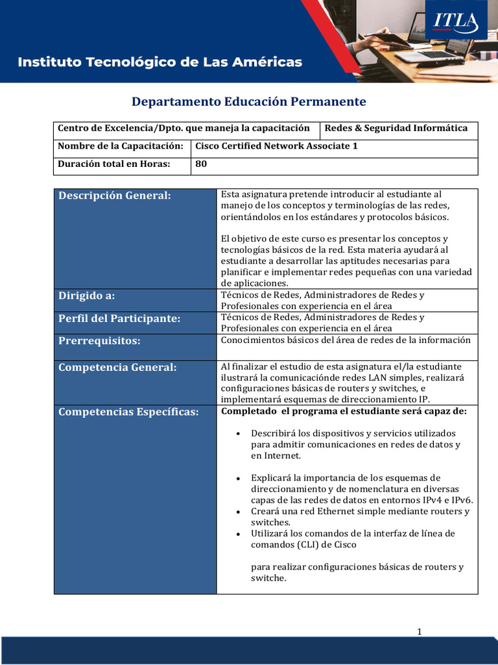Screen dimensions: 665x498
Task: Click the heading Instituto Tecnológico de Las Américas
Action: [160, 62]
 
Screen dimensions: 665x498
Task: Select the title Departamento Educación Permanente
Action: [249, 102]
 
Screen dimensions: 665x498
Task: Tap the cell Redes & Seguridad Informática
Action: [396, 128]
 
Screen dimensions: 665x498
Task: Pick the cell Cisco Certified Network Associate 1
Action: [276, 146]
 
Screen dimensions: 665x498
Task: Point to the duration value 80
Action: [201, 164]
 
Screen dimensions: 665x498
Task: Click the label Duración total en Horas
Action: [114, 164]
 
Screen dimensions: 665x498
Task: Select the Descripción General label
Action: [115, 196]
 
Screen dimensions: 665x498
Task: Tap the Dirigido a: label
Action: [87, 296]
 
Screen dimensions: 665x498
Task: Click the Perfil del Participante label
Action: [119, 319]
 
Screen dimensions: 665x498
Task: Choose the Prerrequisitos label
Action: [99, 341]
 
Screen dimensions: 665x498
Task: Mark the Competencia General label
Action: [117, 368]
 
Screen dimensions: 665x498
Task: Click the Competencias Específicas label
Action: [128, 412]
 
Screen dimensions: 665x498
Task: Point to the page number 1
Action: [420, 631]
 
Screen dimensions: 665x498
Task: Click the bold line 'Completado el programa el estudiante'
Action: [344, 411]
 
